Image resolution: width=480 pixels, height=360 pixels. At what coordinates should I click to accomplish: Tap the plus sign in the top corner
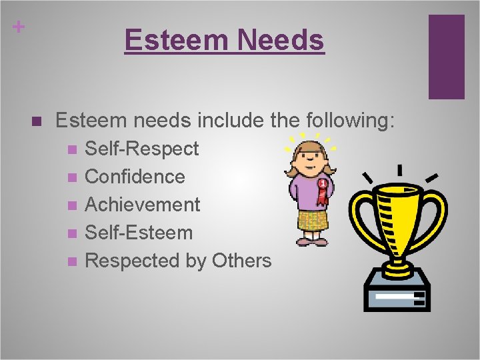point(19,27)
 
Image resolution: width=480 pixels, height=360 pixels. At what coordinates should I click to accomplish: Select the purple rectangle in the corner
point(446,57)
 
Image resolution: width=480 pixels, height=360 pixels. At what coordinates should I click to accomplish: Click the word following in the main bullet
point(350,121)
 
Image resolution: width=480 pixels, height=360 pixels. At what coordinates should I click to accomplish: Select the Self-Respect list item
point(142,149)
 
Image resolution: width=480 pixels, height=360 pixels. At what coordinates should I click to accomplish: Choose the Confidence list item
point(135,177)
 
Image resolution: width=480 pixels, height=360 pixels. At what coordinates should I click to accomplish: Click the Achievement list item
point(143,205)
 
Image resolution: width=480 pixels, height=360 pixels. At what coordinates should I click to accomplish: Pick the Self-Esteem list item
point(139,233)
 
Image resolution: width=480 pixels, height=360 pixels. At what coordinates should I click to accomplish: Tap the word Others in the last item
point(241,261)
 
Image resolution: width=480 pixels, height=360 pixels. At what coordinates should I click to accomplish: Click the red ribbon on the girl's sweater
point(324,191)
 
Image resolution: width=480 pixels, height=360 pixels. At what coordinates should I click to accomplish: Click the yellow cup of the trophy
point(399,213)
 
